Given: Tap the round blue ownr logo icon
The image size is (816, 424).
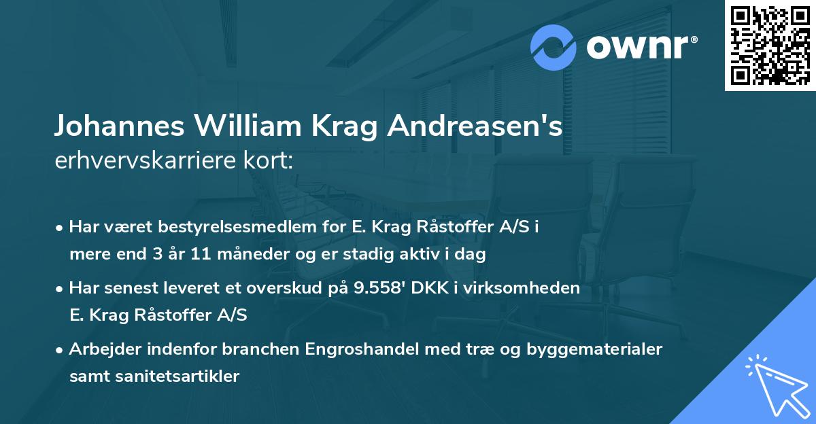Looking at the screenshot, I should pos(553,48).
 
